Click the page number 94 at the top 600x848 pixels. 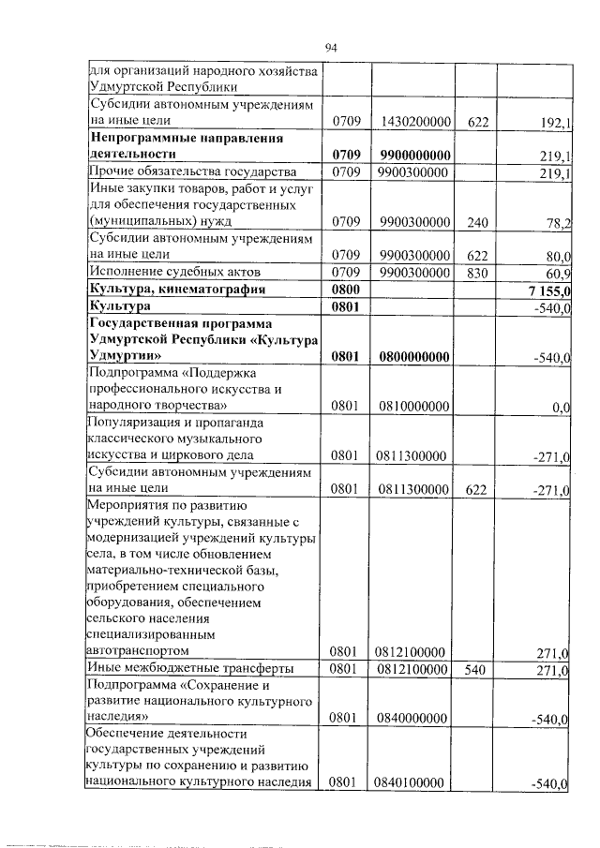(330, 48)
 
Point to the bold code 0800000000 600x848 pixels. (412, 357)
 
